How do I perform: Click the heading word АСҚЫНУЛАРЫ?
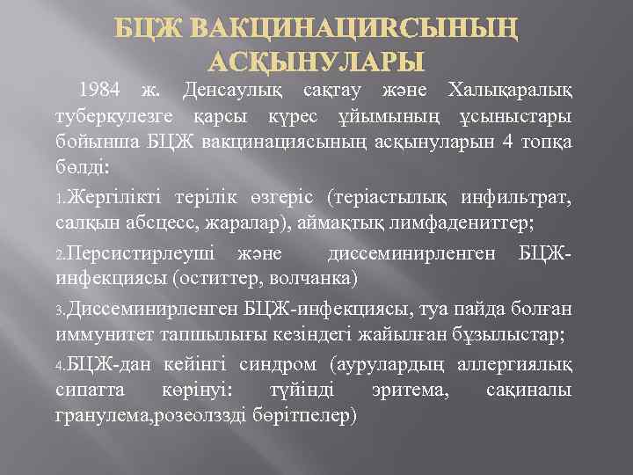[x=316, y=62]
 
